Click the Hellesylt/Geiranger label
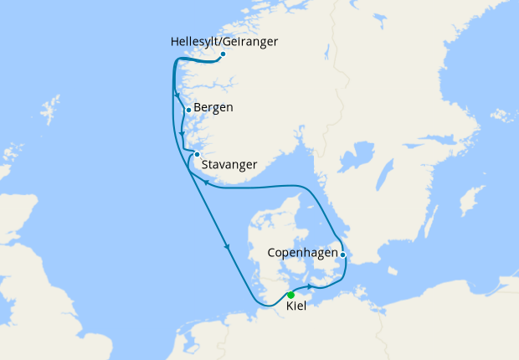coord(224,41)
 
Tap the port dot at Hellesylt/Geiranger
coord(223,54)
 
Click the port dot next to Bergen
coord(189,110)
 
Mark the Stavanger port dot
coord(197,154)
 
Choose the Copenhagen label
coord(302,252)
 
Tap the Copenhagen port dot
coord(343,254)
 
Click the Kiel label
coord(296,307)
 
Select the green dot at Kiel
coord(290,295)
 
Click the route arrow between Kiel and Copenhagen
coord(310,287)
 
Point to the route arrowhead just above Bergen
coord(178,94)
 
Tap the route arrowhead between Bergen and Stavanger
coord(182,133)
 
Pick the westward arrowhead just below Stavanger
coord(205,181)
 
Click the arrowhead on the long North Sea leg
coord(227,246)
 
